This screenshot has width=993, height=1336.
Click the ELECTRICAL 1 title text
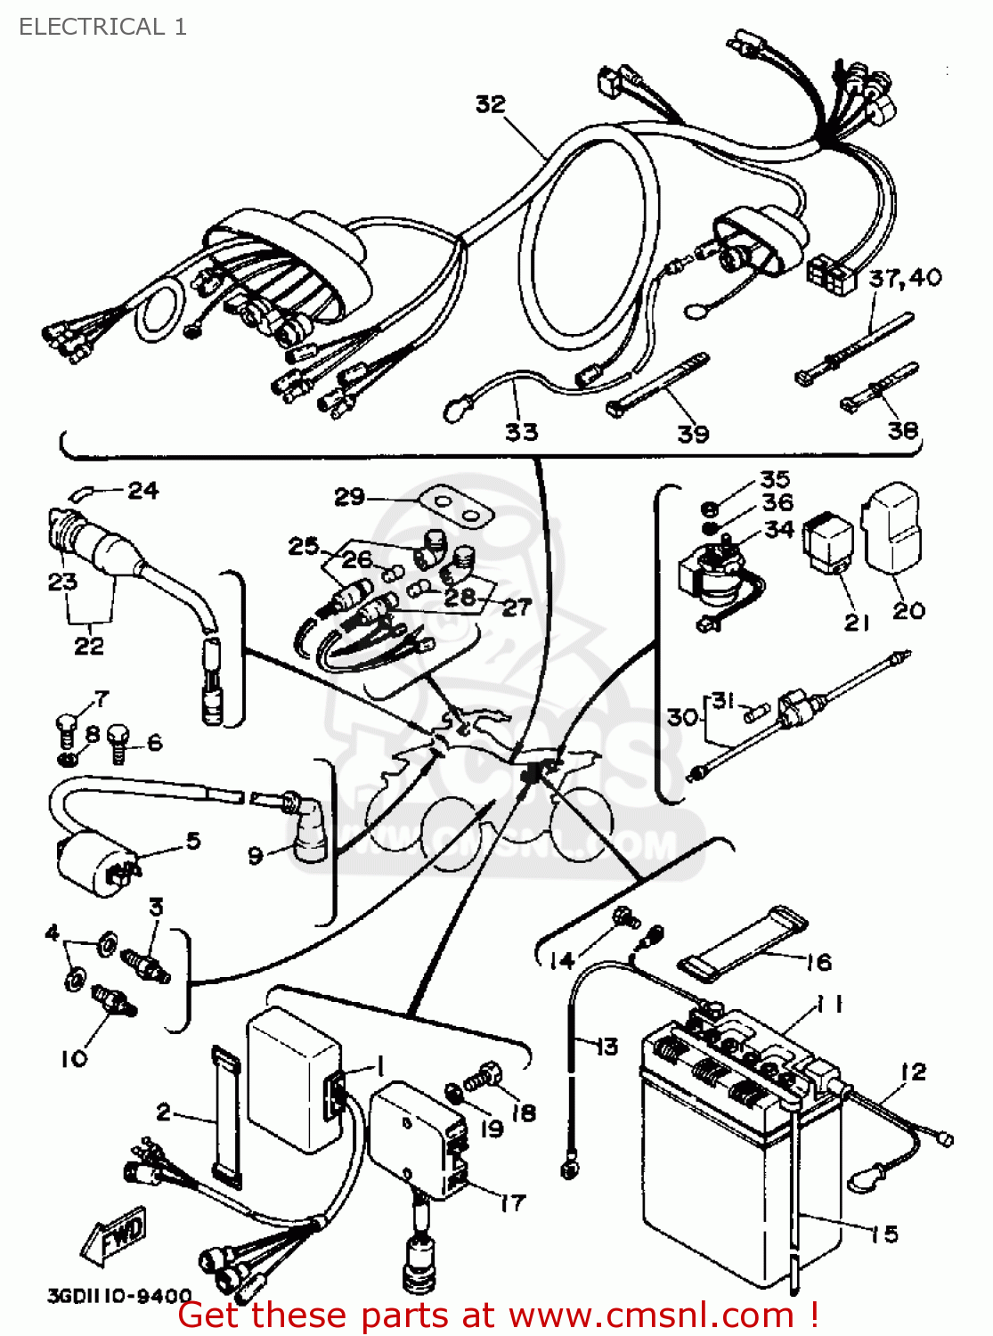[102, 27]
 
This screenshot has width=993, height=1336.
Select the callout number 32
[490, 104]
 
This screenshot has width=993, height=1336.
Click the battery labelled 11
[739, 1158]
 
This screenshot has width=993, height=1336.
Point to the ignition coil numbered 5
[94, 859]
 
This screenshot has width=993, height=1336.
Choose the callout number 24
[142, 491]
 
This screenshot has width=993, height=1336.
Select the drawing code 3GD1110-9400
[119, 1296]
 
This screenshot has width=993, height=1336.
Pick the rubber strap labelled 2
[225, 1118]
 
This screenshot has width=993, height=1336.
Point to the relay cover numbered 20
[893, 530]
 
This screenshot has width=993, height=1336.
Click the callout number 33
[522, 432]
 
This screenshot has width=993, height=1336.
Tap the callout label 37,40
[905, 278]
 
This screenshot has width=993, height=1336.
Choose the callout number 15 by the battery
[884, 1234]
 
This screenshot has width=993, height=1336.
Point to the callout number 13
[606, 1047]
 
